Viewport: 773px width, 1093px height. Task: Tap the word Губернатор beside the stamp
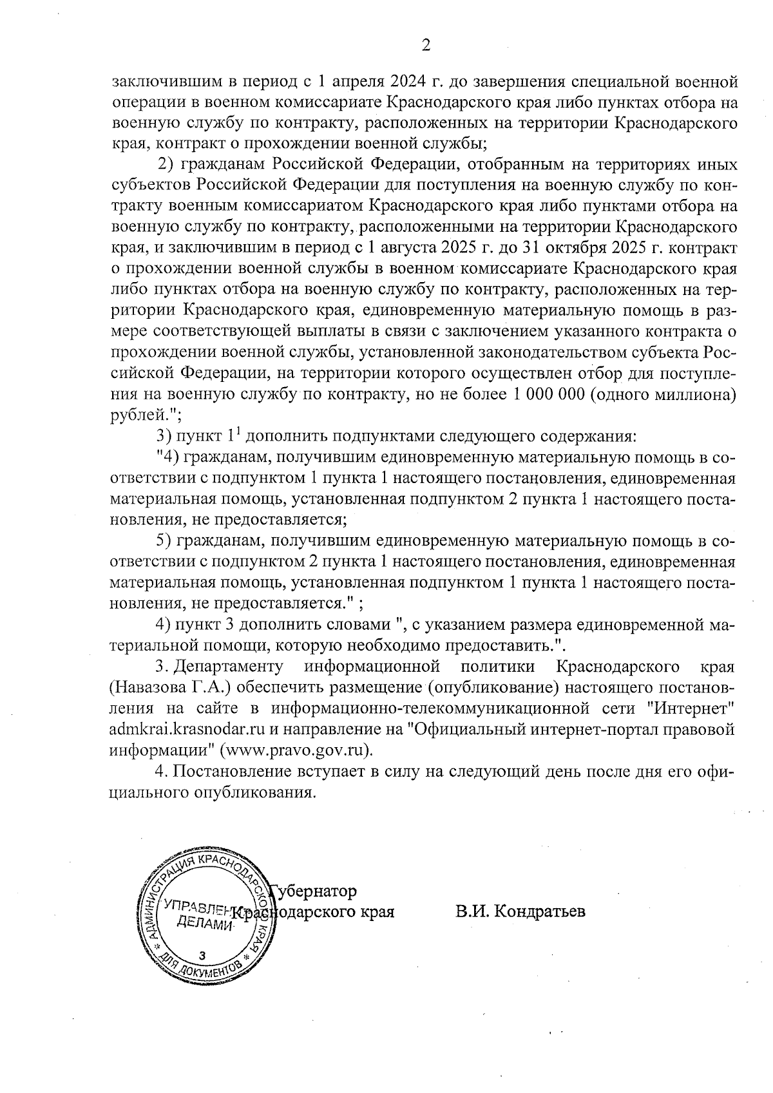click(314, 891)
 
